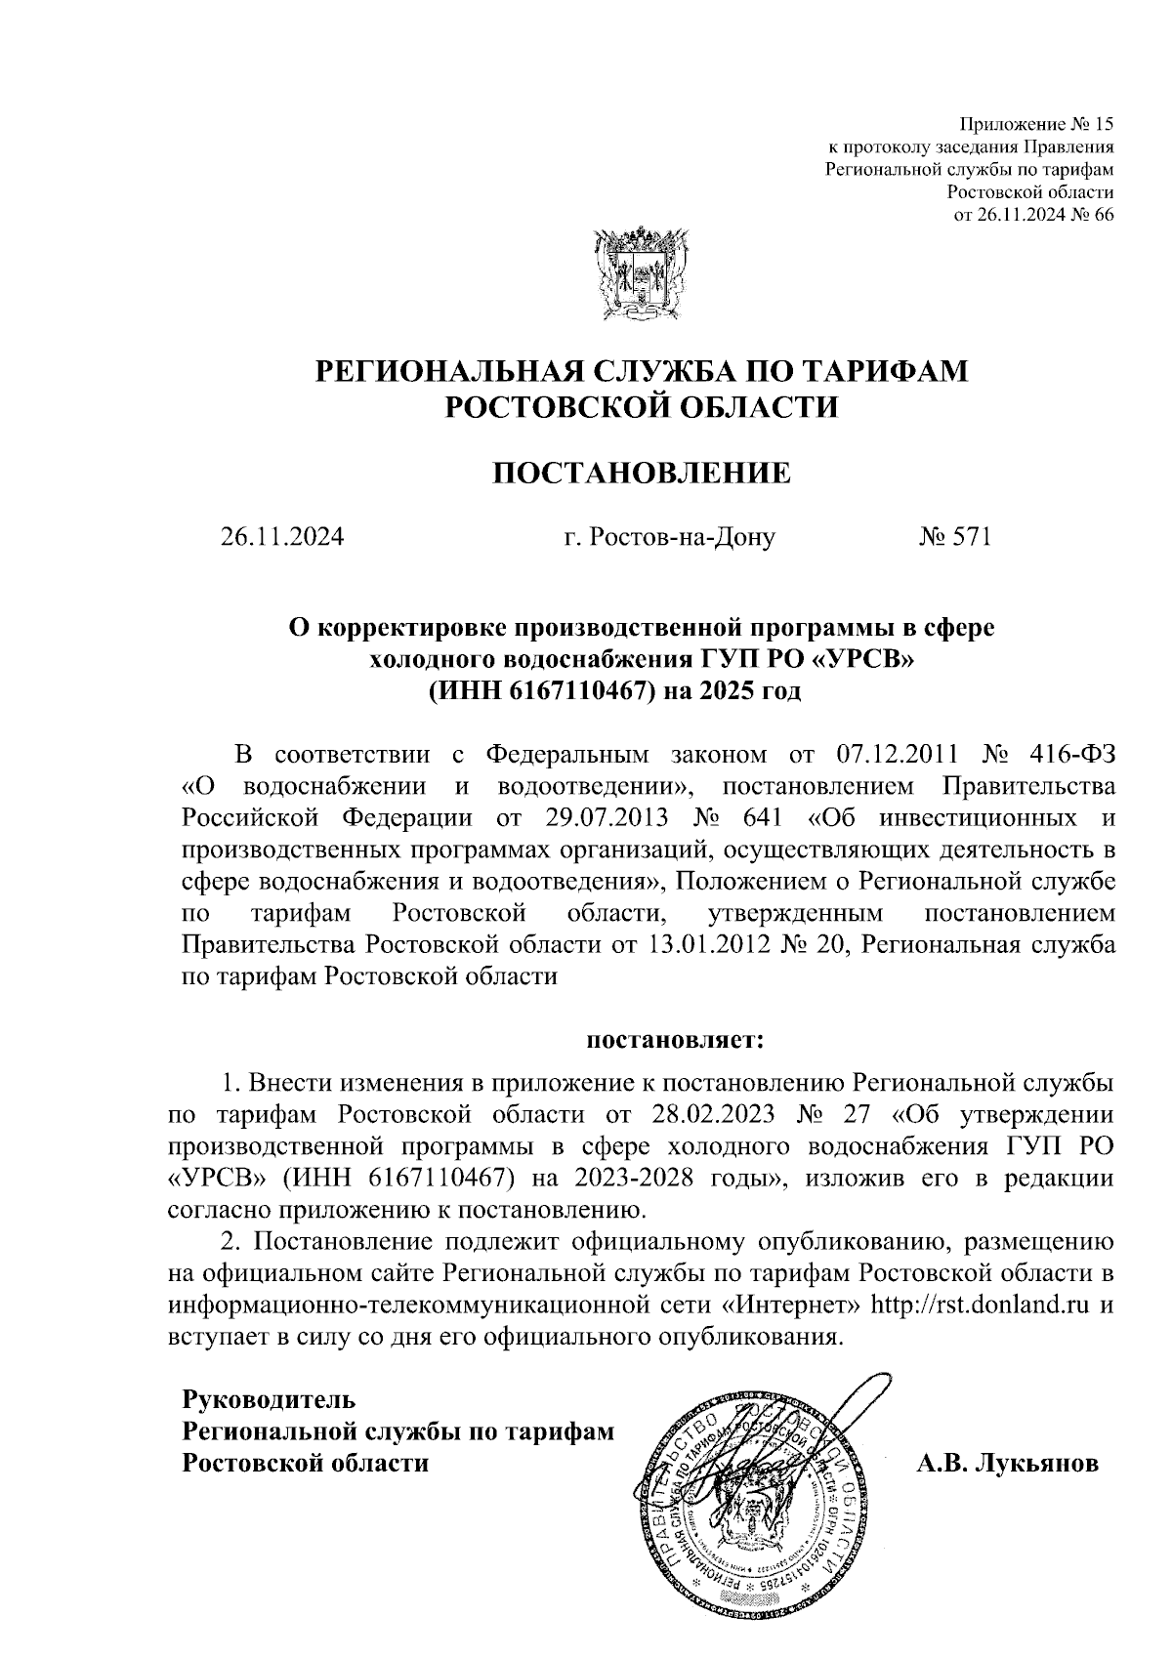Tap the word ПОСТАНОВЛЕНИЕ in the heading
click(640, 475)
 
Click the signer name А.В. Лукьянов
click(1006, 1464)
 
